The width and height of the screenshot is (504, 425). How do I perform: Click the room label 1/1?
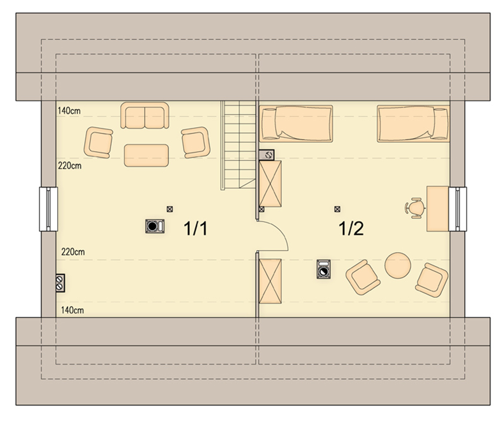tap(195, 229)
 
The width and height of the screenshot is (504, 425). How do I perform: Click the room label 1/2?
tap(351, 229)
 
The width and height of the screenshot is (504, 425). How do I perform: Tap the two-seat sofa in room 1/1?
tap(145, 116)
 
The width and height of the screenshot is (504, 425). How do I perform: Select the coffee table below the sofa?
tap(146, 156)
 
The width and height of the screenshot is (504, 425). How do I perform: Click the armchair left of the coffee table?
tap(98, 142)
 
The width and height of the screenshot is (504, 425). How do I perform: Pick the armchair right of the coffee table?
tap(195, 142)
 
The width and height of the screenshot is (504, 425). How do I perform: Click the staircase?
tap(238, 145)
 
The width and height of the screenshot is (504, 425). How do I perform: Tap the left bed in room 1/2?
tap(296, 124)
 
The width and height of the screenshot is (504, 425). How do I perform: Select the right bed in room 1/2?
tap(413, 124)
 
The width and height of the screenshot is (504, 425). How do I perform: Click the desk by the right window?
tap(438, 208)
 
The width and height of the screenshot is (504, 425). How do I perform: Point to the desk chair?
tap(415, 208)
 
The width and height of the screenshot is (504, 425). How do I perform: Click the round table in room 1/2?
tap(398, 265)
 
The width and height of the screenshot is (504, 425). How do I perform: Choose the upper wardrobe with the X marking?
tap(270, 184)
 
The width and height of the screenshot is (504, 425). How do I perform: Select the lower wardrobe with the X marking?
tap(270, 281)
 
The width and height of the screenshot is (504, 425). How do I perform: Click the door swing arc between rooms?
tap(280, 229)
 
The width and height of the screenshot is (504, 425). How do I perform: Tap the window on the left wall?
tap(49, 209)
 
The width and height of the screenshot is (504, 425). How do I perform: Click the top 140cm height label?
tap(69, 111)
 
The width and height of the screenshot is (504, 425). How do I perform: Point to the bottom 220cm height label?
tap(73, 252)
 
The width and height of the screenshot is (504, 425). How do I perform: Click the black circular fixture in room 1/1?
tap(155, 226)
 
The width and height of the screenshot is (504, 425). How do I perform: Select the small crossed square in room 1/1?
tap(170, 209)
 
